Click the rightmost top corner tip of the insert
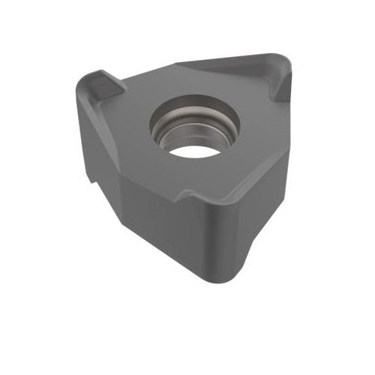tap(289, 64)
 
